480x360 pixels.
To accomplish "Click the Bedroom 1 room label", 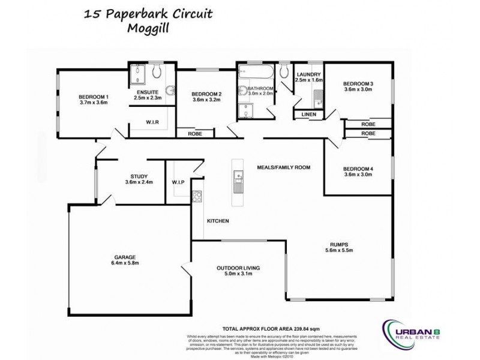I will pyautogui.click(x=94, y=97).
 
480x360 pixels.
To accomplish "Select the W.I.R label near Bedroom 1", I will pyautogui.click(x=152, y=122).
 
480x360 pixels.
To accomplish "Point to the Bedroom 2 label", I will pyautogui.click(x=206, y=94).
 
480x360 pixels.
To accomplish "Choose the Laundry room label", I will pyautogui.click(x=310, y=74).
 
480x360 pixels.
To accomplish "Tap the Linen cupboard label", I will pyautogui.click(x=309, y=113).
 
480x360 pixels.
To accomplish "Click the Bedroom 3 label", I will pyautogui.click(x=358, y=83).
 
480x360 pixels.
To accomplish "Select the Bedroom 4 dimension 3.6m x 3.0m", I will pyautogui.click(x=358, y=175).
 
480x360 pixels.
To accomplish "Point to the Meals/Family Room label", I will pyautogui.click(x=283, y=167).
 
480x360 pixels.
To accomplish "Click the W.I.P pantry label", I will pyautogui.click(x=178, y=182).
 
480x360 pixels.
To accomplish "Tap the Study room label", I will pyautogui.click(x=135, y=176).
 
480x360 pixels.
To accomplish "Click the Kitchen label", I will pyautogui.click(x=218, y=221).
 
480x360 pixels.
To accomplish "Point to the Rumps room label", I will pyautogui.click(x=339, y=244).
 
